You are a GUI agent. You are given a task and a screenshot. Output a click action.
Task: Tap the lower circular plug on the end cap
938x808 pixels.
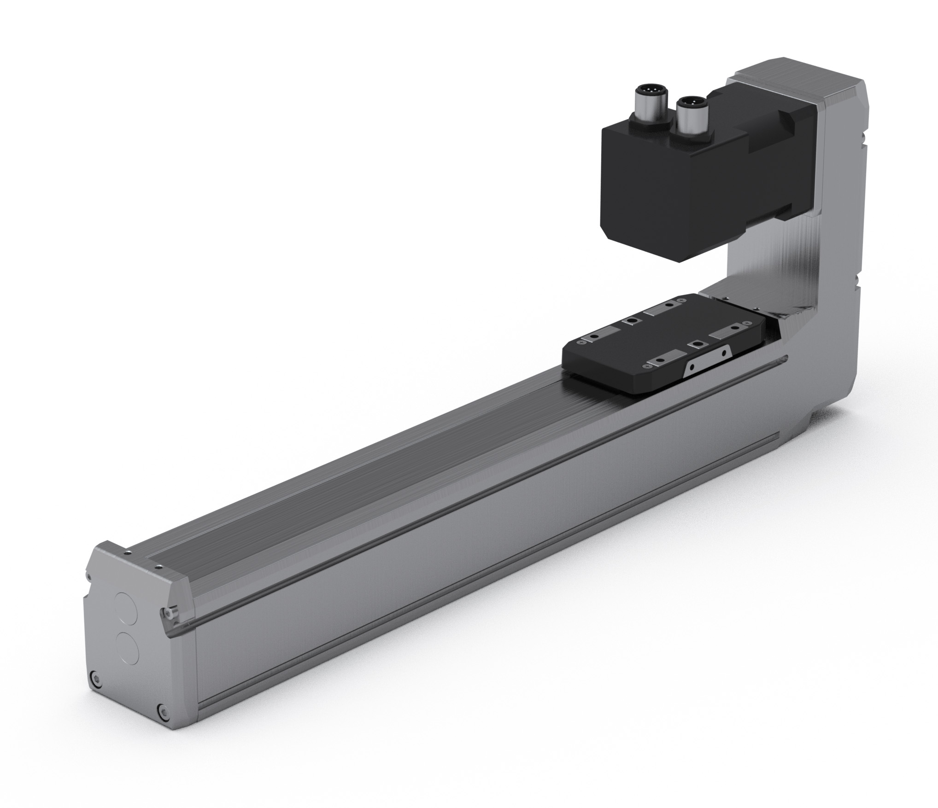(128, 648)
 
